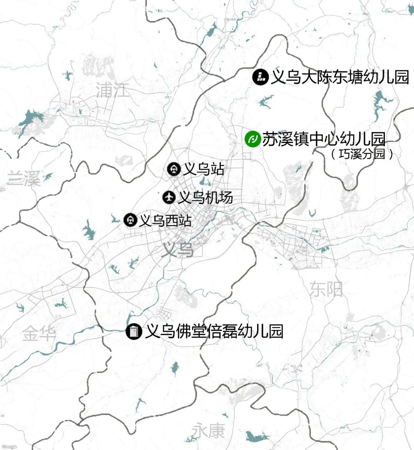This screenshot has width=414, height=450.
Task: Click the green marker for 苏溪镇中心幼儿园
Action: (252, 138)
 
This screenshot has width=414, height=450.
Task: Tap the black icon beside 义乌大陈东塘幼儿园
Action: (260, 77)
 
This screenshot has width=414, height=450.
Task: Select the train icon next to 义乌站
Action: (174, 169)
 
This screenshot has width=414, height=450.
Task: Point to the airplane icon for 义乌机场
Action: (169, 197)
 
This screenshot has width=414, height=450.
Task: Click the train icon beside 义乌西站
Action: (131, 220)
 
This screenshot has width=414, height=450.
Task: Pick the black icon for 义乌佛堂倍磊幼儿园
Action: (134, 331)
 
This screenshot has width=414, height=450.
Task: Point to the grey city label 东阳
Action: (326, 289)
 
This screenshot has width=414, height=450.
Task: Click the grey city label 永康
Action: (208, 431)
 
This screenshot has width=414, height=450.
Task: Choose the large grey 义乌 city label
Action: (177, 250)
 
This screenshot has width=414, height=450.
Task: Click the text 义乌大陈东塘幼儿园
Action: (340, 77)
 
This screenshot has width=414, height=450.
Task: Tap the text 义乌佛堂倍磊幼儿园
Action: (214, 331)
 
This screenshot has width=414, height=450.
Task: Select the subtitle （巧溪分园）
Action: (362, 154)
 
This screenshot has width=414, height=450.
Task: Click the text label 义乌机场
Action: (205, 197)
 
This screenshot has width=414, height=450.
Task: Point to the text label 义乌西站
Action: (165, 220)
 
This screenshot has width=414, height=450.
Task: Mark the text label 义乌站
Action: (204, 169)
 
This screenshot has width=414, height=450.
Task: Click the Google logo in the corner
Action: (9, 447)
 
